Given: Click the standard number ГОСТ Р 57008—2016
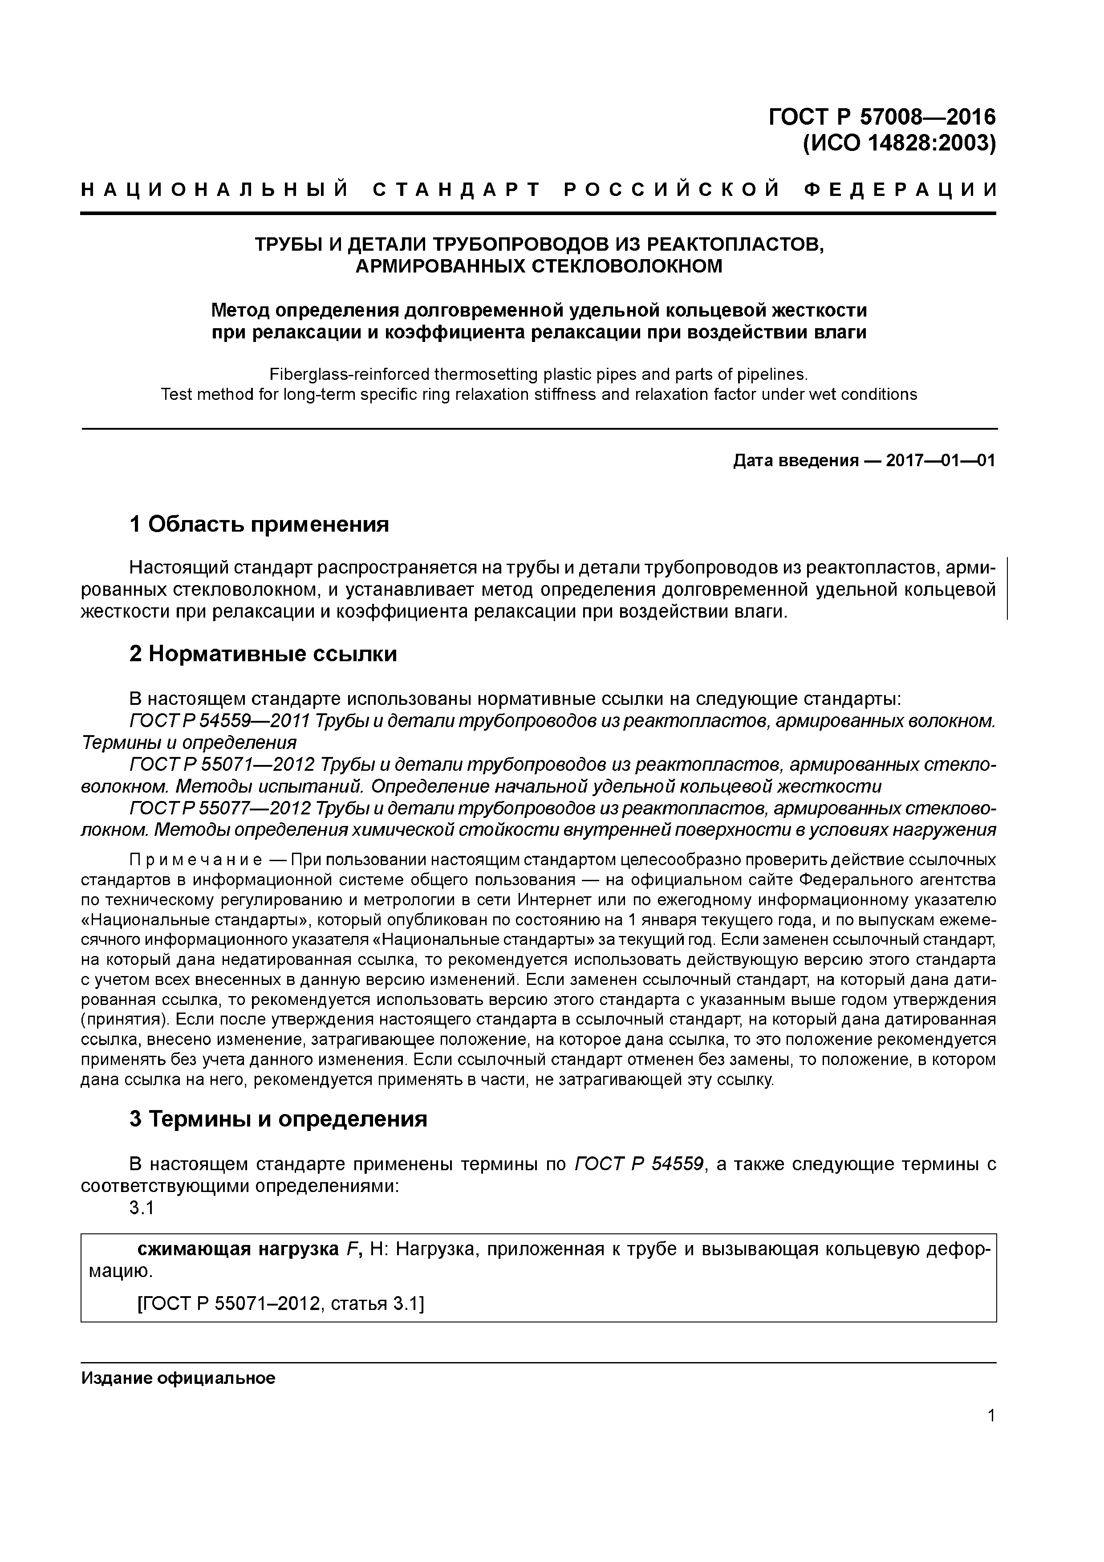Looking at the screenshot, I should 881,117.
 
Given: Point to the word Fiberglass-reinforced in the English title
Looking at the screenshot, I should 349,374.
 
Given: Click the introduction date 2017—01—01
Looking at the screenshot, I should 940,461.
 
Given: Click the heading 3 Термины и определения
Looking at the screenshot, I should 278,1119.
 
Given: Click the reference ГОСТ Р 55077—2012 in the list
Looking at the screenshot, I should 220,808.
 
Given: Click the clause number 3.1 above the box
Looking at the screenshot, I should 142,1208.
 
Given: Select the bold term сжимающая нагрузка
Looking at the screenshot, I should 237,1249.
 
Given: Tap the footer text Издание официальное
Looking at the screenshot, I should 178,1378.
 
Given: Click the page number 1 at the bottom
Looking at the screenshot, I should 991,1416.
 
